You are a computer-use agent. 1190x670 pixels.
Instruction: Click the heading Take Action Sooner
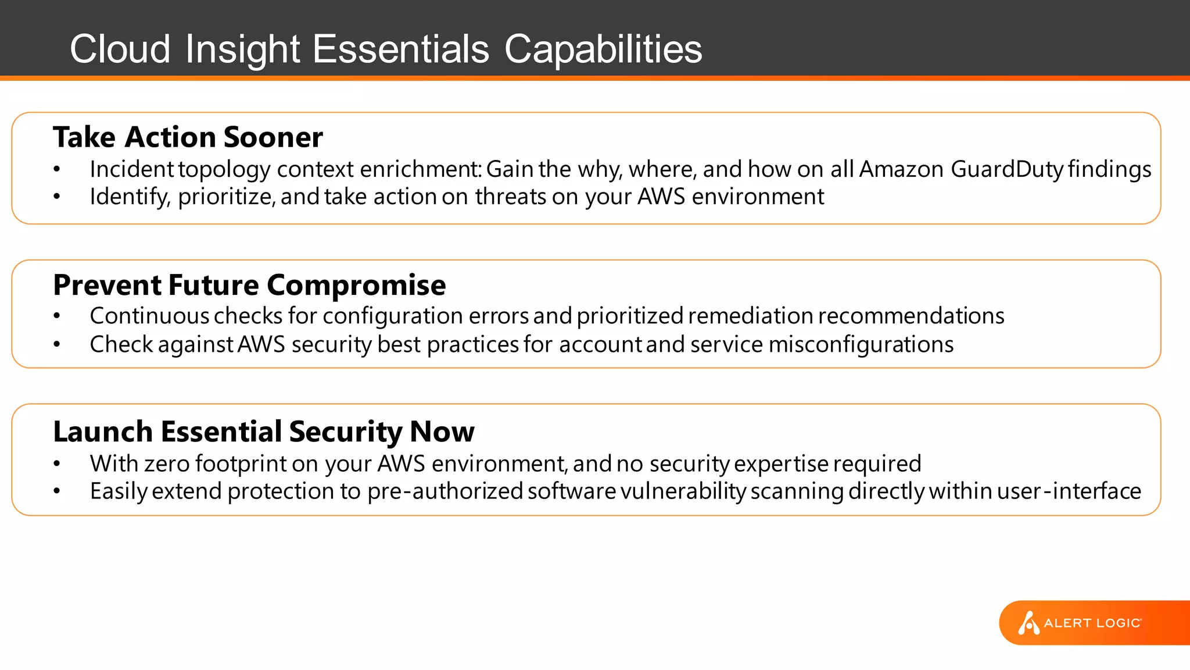(x=187, y=138)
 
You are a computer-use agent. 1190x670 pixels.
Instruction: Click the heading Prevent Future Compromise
(x=249, y=285)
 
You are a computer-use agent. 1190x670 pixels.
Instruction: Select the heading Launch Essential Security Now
(x=263, y=432)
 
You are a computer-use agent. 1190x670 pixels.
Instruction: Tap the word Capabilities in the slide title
(x=603, y=49)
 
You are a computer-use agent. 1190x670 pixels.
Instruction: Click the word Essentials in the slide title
(x=401, y=49)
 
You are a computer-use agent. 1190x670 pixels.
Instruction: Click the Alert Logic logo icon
(x=1028, y=623)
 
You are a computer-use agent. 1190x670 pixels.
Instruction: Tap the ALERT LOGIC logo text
(x=1092, y=623)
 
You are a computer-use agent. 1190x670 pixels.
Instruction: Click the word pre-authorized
(x=445, y=491)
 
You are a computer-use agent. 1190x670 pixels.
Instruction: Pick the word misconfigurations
(x=861, y=344)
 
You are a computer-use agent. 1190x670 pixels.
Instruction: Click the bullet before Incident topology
(x=56, y=170)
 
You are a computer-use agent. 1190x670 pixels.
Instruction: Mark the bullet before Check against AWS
(x=56, y=345)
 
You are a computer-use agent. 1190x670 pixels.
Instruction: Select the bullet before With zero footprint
(x=56, y=464)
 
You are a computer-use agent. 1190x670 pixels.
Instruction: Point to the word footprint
(x=241, y=464)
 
